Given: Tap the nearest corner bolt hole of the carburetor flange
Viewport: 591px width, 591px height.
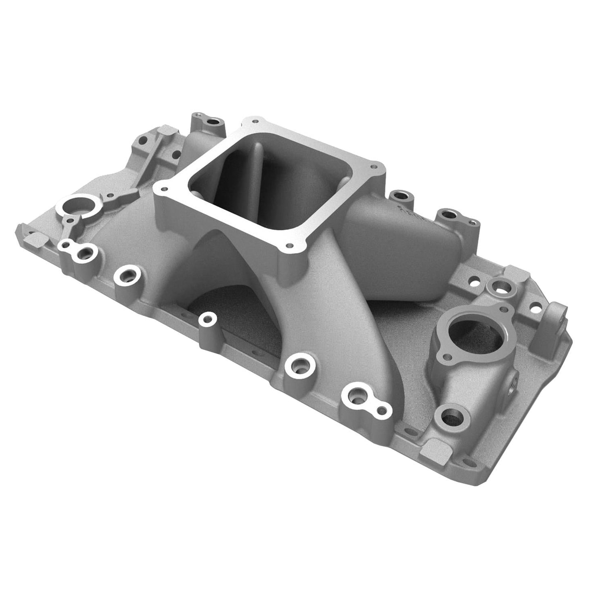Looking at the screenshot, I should [x=290, y=246].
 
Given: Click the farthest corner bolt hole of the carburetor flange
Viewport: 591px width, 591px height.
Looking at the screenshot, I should [x=256, y=121].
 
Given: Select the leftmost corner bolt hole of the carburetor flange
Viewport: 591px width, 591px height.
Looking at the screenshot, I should [x=164, y=189].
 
